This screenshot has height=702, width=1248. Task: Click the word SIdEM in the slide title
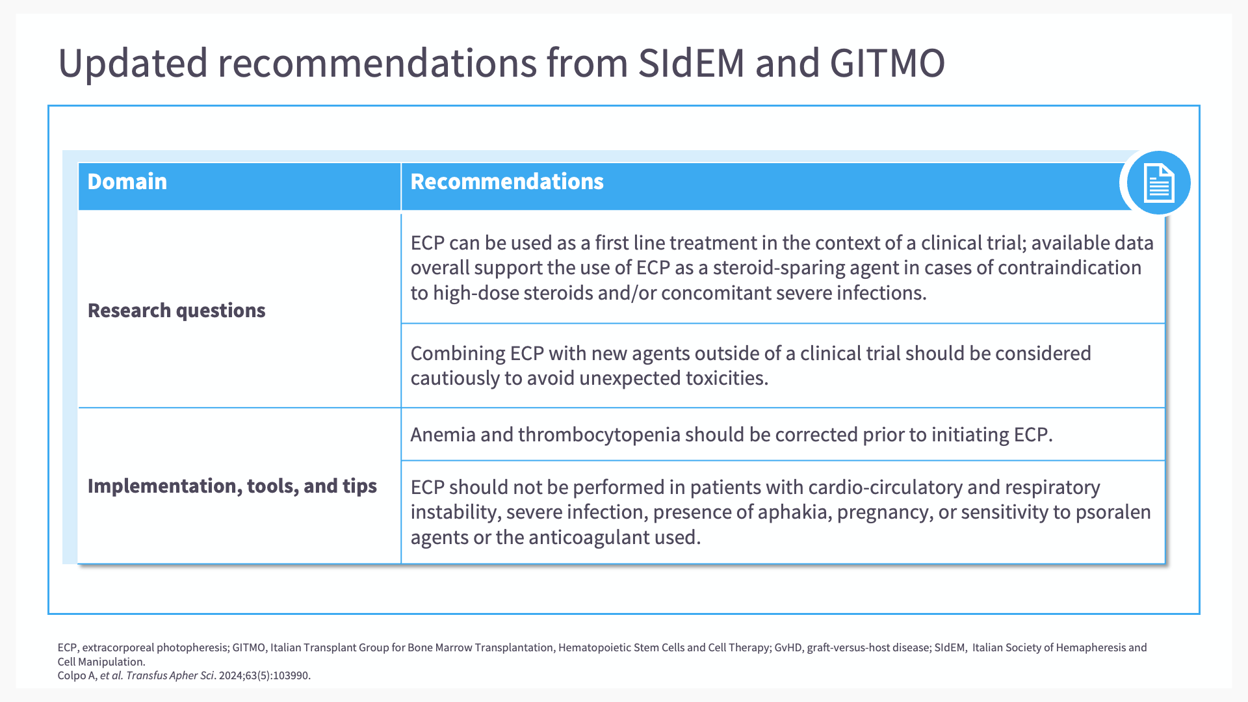[x=691, y=63]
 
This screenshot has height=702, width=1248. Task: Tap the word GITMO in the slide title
[x=887, y=63]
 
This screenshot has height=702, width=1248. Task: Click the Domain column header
[x=127, y=181]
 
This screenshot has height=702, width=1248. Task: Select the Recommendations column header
[x=507, y=181]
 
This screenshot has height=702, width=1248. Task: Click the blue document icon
[x=1158, y=183]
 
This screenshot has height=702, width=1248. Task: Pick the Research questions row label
[x=177, y=311]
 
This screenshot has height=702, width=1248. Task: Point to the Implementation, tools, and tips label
[x=232, y=486]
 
